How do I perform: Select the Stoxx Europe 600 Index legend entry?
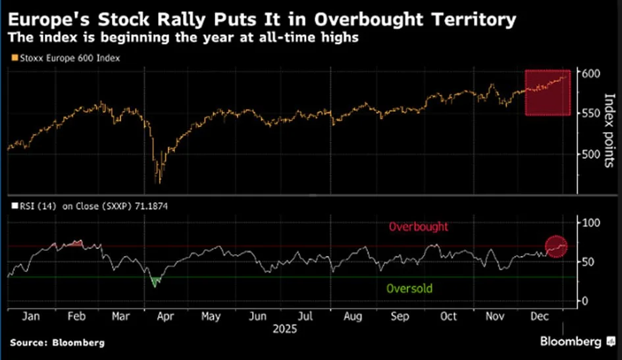(65, 58)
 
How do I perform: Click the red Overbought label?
(418, 226)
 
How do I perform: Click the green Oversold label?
(409, 288)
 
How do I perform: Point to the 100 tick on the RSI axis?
(590, 223)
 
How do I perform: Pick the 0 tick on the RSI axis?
(584, 301)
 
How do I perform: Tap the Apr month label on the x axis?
(167, 317)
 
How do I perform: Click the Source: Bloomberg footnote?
(57, 343)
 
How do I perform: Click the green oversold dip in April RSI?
(156, 282)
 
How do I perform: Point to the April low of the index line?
(158, 181)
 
